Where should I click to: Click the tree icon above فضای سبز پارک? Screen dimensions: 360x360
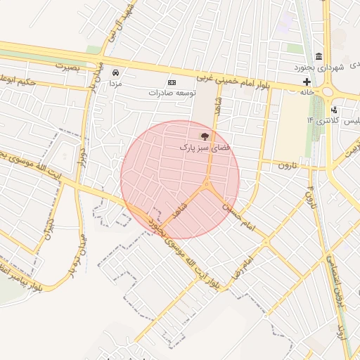205,136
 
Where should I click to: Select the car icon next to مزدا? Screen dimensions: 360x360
115,72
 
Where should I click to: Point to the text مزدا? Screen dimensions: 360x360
115,83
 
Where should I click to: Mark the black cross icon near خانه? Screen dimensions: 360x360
307,82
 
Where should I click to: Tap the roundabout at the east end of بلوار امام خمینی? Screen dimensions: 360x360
327,90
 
